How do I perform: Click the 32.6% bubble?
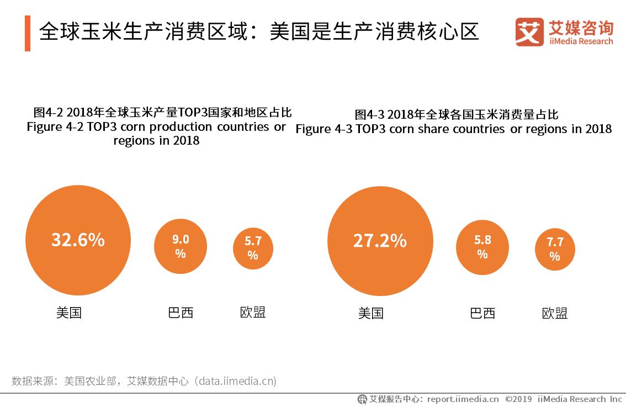(78, 240)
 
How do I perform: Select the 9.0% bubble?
(180, 246)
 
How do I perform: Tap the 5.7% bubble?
(253, 248)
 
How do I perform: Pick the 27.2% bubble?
(380, 241)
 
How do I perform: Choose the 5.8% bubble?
(482, 247)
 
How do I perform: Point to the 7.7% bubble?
(555, 250)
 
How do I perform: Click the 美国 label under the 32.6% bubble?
(69, 313)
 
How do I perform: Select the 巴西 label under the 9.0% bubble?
(181, 313)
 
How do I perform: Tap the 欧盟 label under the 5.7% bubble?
(253, 313)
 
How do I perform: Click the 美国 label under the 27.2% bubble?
(370, 314)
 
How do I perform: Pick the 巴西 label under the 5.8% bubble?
(482, 314)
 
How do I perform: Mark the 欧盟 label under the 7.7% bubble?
(555, 314)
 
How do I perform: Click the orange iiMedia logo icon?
(529, 32)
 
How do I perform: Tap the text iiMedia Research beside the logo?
(581, 41)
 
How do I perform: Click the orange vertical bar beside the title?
(28, 33)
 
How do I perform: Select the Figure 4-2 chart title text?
(157, 127)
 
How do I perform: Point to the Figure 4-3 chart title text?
(453, 129)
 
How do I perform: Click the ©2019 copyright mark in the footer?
(518, 399)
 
